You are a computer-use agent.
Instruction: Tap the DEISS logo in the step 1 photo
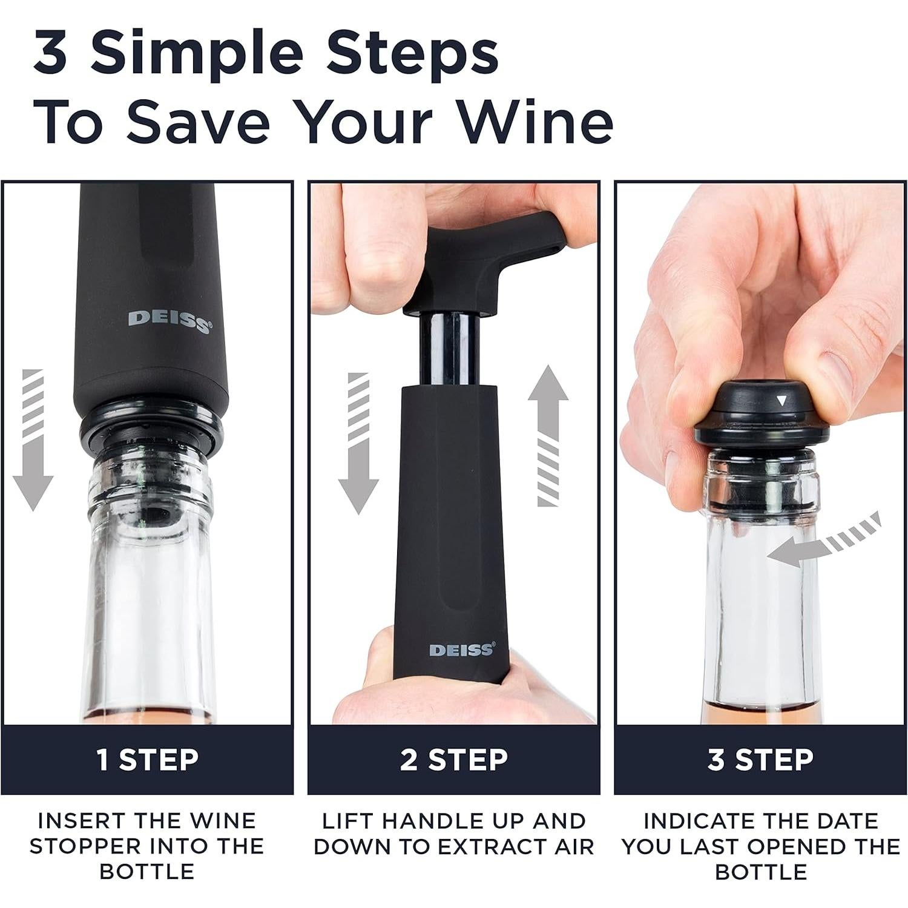point(170,319)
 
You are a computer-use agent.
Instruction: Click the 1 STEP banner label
point(148,760)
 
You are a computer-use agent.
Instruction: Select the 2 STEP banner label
point(453,760)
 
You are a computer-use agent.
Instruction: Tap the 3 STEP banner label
point(760,760)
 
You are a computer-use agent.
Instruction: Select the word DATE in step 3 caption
point(843,821)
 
